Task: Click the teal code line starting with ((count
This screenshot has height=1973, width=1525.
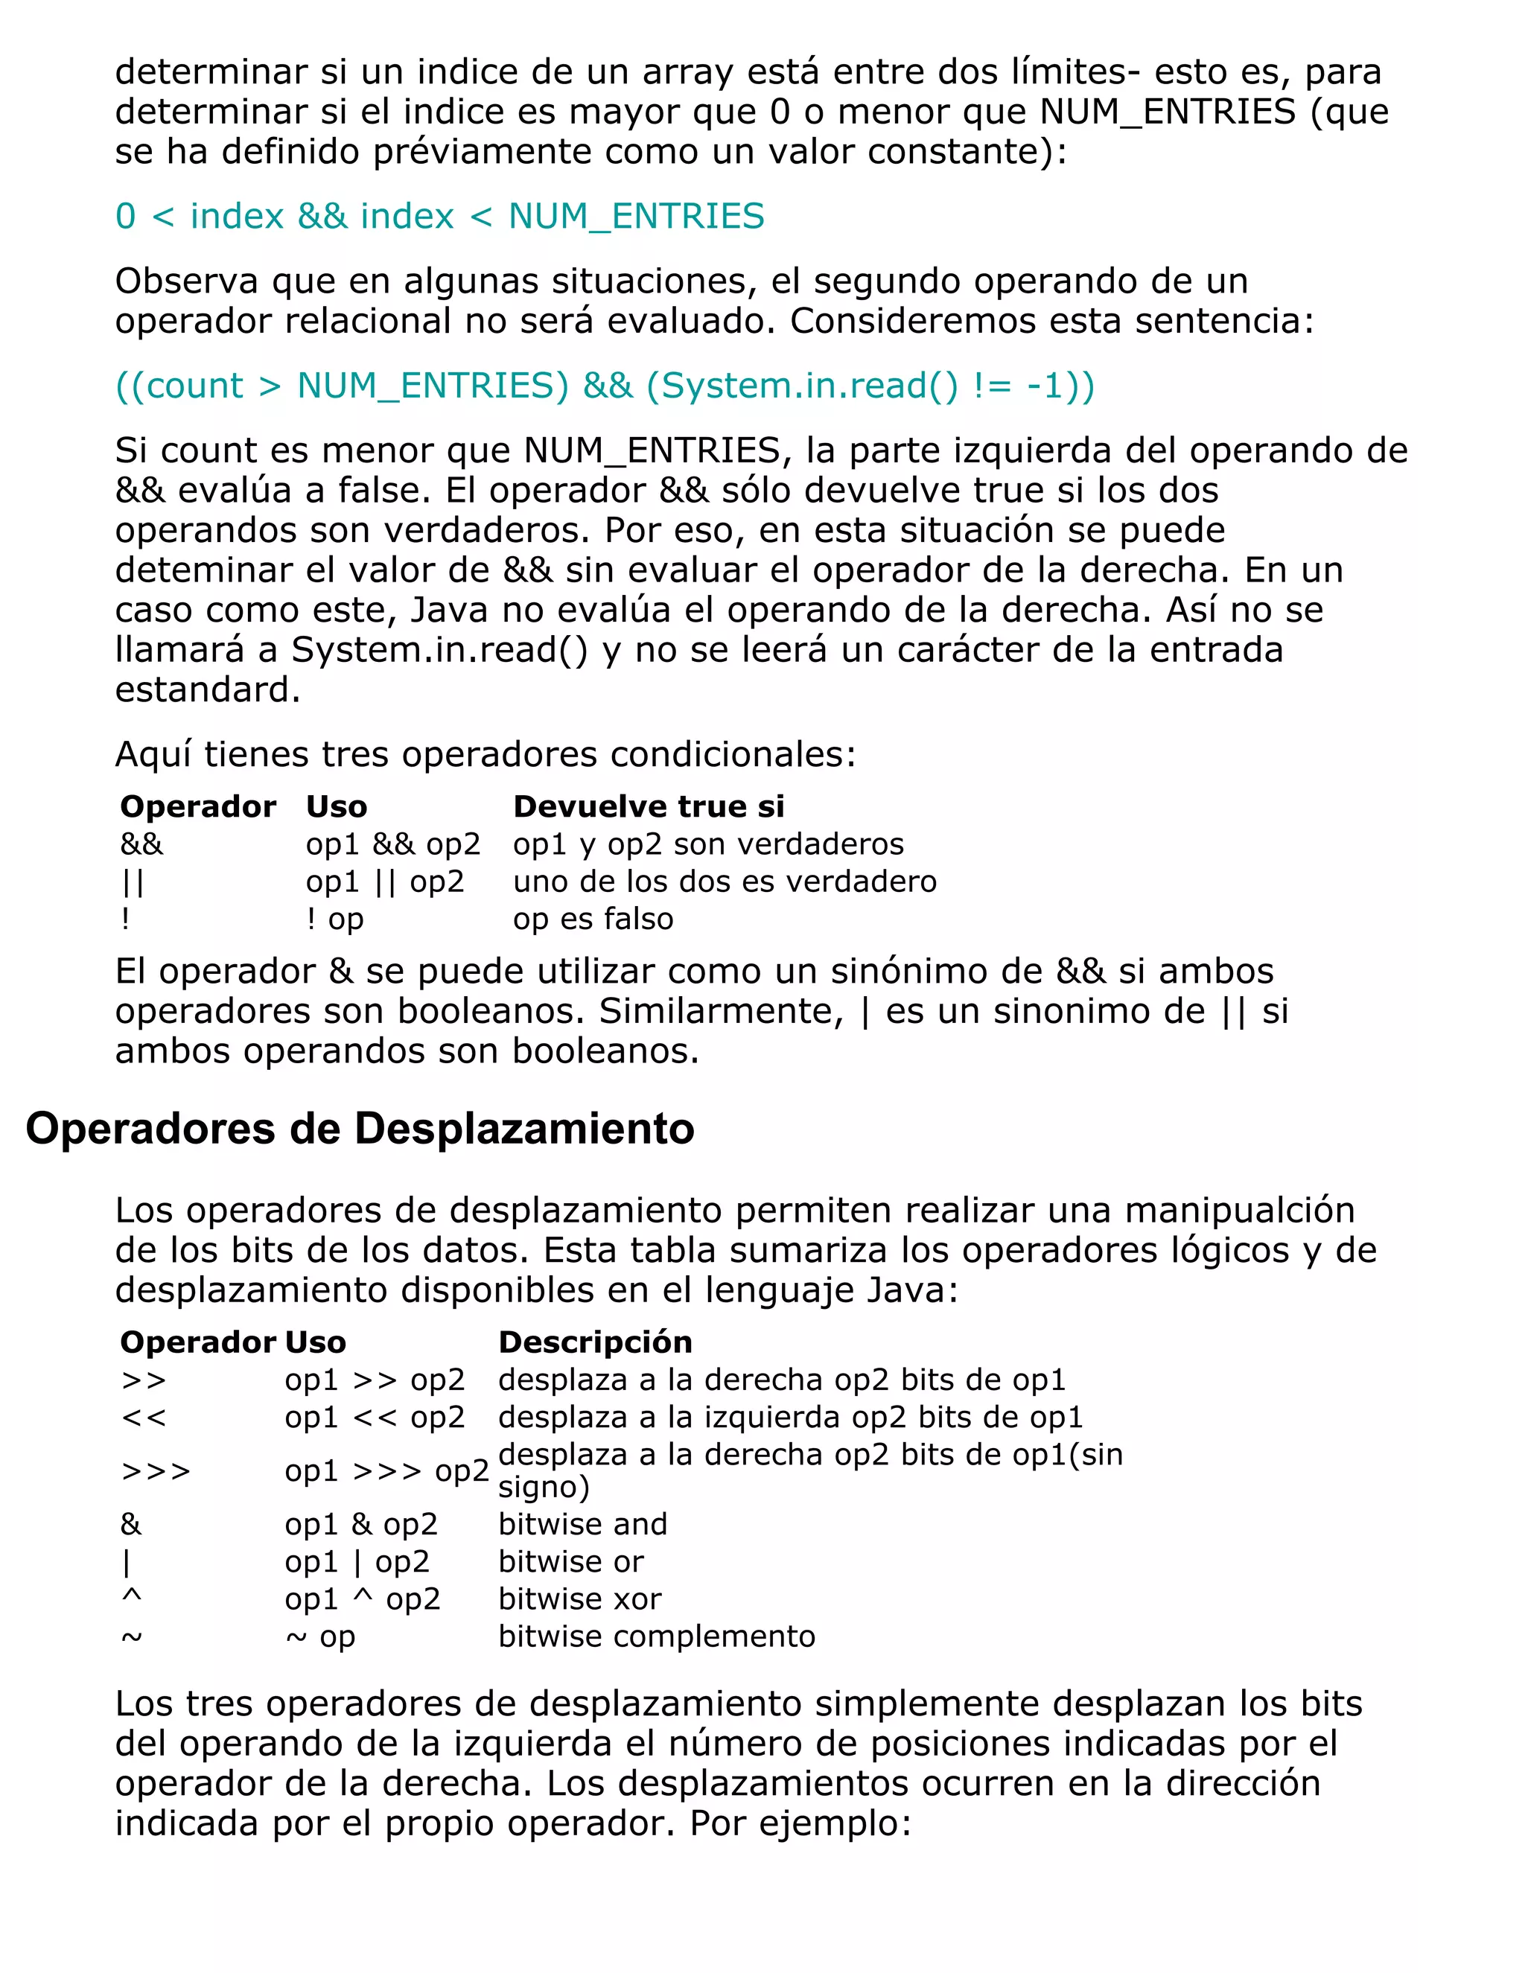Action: (x=605, y=386)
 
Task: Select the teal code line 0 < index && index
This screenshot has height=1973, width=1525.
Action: (x=439, y=217)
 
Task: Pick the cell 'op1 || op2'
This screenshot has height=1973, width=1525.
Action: (x=385, y=881)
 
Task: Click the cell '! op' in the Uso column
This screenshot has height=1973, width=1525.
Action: (x=334, y=919)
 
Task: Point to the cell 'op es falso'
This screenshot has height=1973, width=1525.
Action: (x=593, y=919)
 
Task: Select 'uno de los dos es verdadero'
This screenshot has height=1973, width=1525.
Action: (x=725, y=881)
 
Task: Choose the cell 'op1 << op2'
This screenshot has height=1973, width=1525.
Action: (x=374, y=1417)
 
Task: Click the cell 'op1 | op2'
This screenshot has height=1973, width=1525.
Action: (x=357, y=1561)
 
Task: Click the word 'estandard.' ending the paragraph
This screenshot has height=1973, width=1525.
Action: (x=207, y=689)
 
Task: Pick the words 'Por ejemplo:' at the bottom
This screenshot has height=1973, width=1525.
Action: (x=800, y=1823)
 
